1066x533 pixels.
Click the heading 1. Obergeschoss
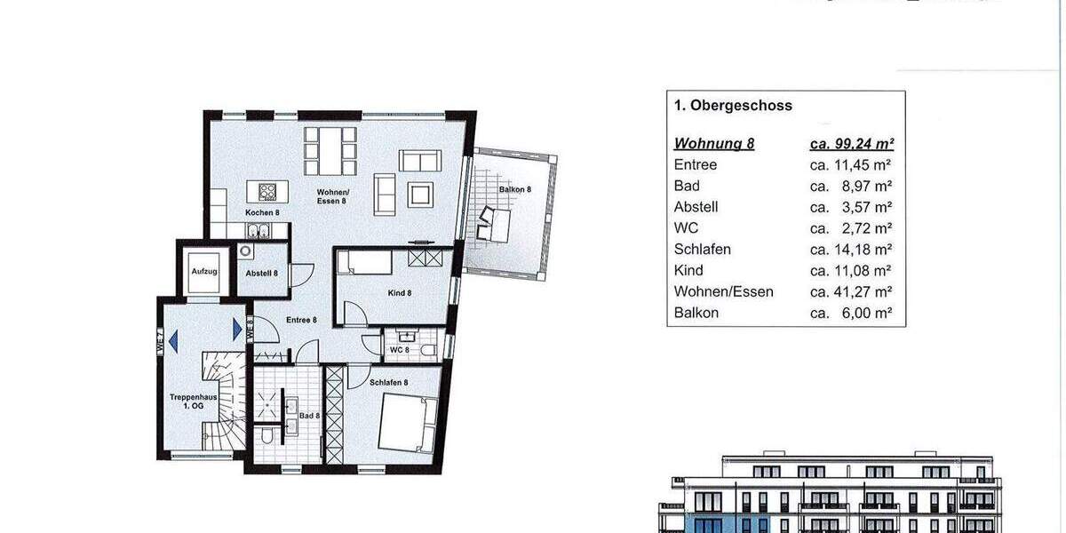[733, 106]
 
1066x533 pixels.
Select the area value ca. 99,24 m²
[851, 144]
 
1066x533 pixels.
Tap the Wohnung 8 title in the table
[714, 144]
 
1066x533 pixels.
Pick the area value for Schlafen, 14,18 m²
[851, 250]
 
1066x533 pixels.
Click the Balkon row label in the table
[696, 313]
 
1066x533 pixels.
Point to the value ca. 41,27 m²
[851, 292]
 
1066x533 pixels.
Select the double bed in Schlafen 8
[408, 424]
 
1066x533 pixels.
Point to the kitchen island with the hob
[267, 190]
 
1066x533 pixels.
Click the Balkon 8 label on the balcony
[514, 189]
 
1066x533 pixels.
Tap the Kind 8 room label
[398, 293]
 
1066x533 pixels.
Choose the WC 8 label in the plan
[400, 350]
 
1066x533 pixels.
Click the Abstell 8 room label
[262, 274]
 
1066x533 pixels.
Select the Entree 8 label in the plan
[301, 320]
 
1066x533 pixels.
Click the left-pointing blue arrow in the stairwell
[173, 338]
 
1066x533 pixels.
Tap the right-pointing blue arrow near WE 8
[237, 330]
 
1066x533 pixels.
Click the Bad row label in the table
[687, 186]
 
